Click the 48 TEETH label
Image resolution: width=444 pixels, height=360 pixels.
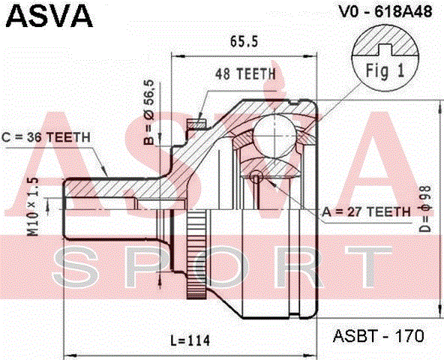(x=246, y=73)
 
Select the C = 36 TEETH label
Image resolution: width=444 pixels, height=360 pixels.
(x=46, y=137)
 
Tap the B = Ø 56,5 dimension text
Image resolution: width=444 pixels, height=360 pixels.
(x=148, y=112)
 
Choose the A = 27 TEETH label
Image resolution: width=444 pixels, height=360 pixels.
(x=366, y=211)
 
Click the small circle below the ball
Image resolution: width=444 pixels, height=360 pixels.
(x=256, y=177)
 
